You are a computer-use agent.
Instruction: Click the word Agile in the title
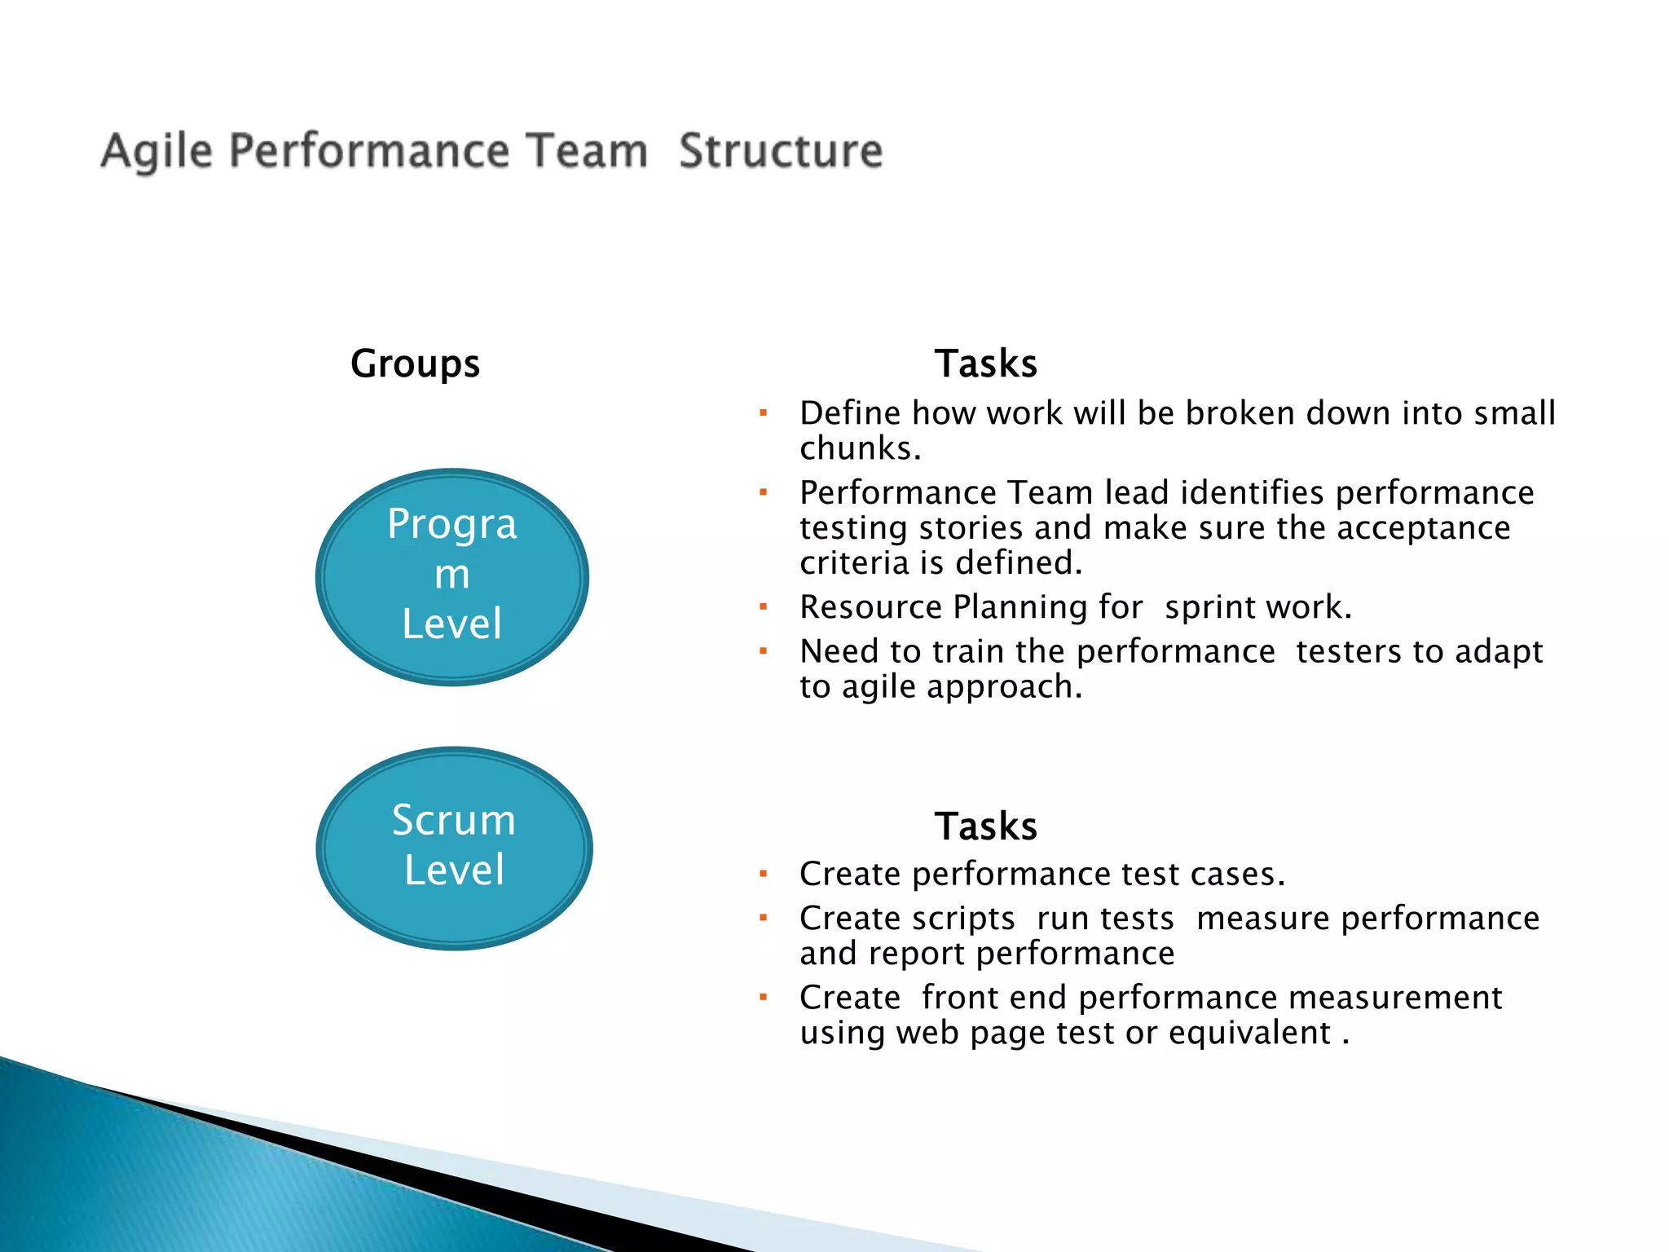click(156, 152)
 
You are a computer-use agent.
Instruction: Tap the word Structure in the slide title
click(780, 152)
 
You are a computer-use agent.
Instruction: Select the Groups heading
click(415, 364)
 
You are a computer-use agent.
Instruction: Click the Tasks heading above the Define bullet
click(985, 364)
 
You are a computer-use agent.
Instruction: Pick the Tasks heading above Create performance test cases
click(985, 826)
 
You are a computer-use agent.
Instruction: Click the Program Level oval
click(452, 576)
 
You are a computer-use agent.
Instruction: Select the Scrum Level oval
click(454, 848)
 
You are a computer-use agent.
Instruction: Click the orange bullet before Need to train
click(764, 651)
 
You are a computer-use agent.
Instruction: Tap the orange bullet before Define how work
click(764, 413)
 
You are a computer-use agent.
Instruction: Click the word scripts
click(963, 919)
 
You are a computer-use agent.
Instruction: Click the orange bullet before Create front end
click(764, 997)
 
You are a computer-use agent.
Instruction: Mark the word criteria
click(853, 563)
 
